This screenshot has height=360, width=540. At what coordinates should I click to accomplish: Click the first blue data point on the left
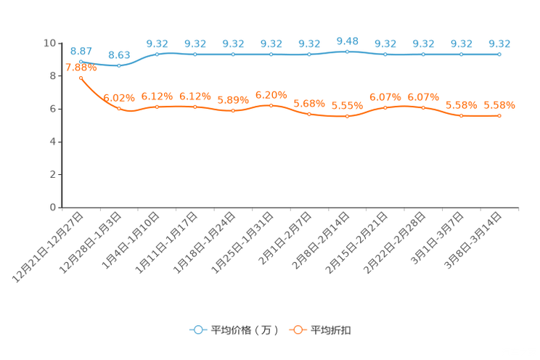point(81,62)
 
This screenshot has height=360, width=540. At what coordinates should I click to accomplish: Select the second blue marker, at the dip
point(119,66)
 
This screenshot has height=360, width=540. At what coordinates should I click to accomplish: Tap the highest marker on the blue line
point(348,52)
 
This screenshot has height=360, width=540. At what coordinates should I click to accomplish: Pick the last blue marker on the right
point(499,54)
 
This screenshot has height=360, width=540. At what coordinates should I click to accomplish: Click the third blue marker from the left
point(157,54)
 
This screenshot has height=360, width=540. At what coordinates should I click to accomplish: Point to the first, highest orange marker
point(81,77)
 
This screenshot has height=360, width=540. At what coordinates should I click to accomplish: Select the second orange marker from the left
point(119,109)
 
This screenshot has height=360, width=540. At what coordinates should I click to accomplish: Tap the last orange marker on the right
point(499,115)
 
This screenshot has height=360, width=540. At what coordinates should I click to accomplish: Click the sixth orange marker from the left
point(271,106)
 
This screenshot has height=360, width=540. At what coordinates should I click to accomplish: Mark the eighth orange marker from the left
point(348,116)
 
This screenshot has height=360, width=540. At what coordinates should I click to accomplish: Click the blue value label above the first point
point(81,51)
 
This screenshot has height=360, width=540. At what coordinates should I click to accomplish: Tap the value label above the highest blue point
point(348,41)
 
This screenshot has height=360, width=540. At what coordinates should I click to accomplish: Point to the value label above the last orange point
point(500,105)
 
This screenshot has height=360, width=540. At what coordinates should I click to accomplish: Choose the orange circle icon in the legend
point(297,330)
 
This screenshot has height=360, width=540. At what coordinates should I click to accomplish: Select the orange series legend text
point(332,330)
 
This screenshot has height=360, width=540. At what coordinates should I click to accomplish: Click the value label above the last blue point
point(499,44)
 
